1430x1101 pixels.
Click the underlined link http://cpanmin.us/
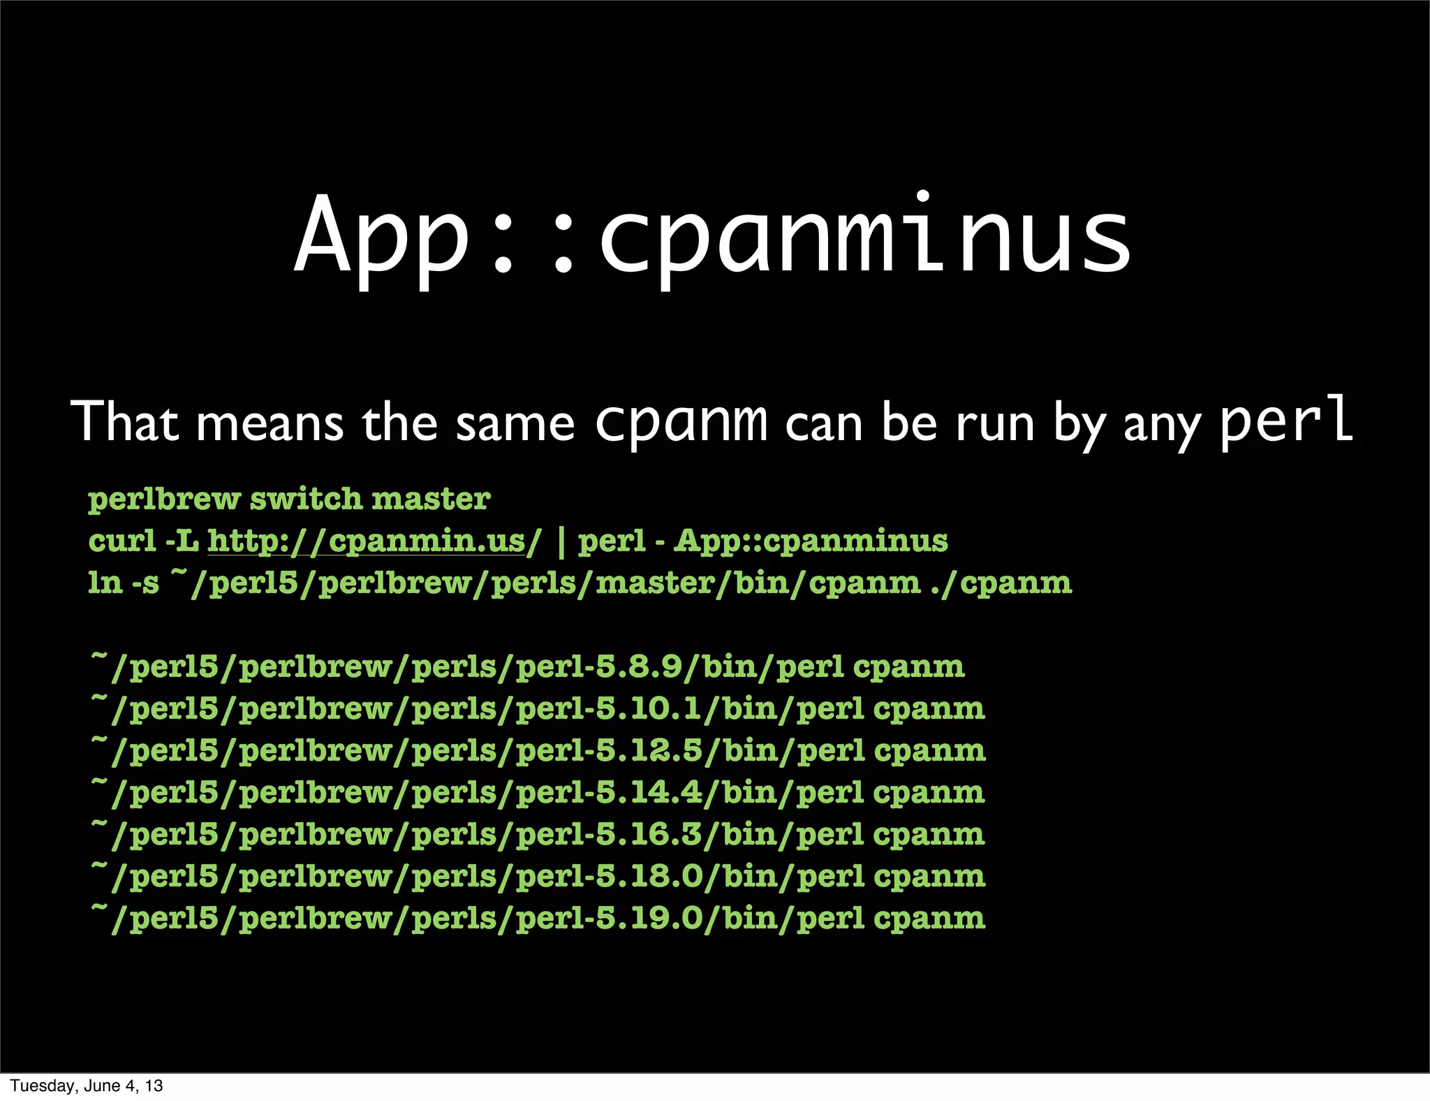tap(374, 541)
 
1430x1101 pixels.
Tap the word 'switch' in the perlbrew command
tap(306, 500)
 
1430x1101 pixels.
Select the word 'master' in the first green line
tap(431, 500)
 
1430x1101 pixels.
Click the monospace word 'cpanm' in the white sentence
tap(681, 423)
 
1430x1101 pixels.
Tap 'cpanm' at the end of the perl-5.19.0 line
tap(929, 919)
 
